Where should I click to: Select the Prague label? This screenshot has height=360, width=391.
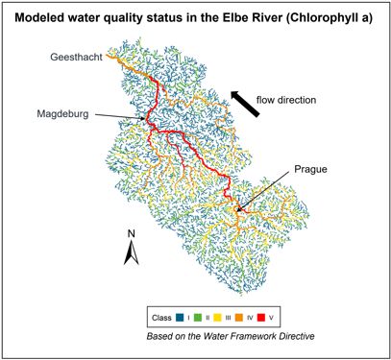310,169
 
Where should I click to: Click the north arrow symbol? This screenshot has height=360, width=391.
134,252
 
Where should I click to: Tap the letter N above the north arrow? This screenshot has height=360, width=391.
134,234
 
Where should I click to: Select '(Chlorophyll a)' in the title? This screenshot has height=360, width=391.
324,15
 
